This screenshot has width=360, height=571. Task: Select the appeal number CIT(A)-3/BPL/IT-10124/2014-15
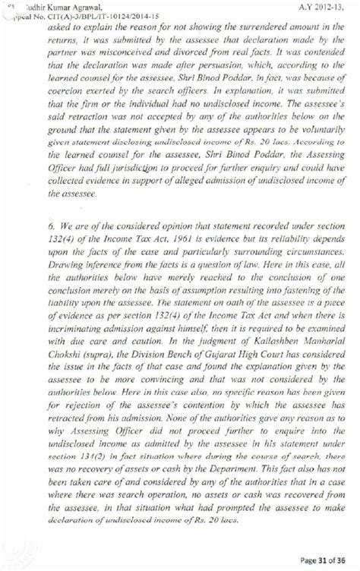99,14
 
